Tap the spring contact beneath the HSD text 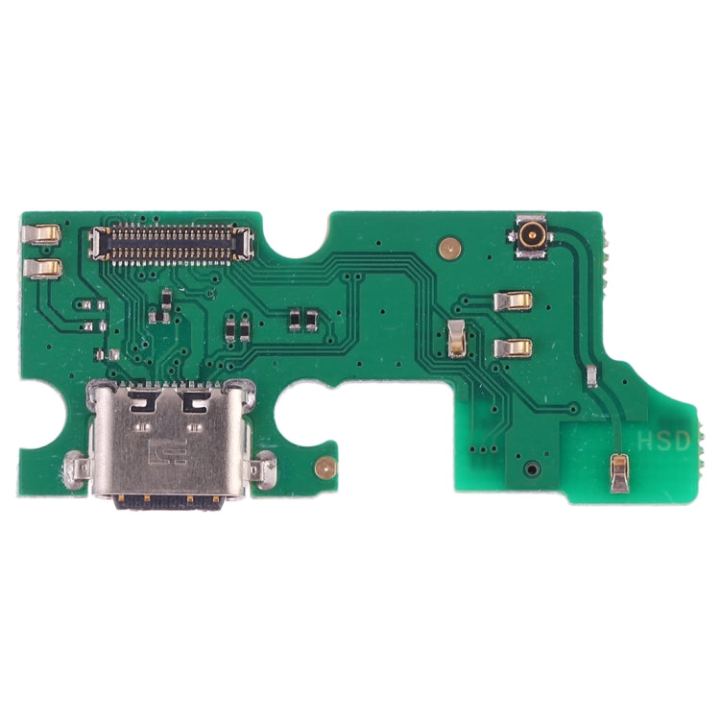(x=621, y=472)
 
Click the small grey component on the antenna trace (x=593, y=375)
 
